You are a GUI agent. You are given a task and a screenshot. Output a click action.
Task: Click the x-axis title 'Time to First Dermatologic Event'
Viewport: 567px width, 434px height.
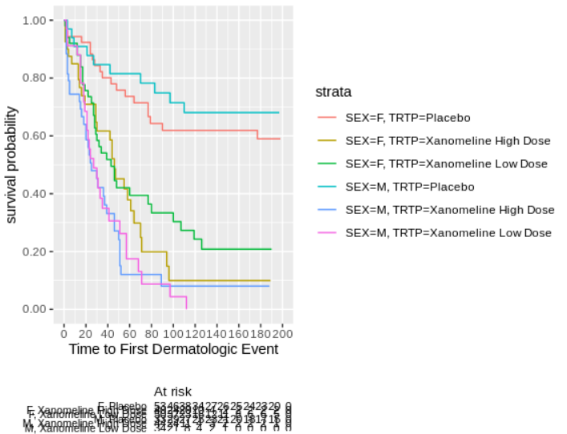coord(173,349)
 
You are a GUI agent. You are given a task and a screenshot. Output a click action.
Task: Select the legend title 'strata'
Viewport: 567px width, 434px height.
coord(333,92)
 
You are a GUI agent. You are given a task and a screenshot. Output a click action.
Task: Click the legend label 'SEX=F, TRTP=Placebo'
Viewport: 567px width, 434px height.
coord(407,118)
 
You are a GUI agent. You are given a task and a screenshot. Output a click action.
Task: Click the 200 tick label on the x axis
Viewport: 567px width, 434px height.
coord(282,333)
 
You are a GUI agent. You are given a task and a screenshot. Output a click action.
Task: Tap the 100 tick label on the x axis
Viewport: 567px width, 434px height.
coord(173,333)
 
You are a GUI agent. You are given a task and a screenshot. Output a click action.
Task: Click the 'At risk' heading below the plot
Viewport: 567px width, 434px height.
coord(172,392)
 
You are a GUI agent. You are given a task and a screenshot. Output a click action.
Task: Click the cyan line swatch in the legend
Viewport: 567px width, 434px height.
coord(328,187)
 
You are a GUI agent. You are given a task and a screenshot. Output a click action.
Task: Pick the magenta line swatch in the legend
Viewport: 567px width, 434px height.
coord(328,233)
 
